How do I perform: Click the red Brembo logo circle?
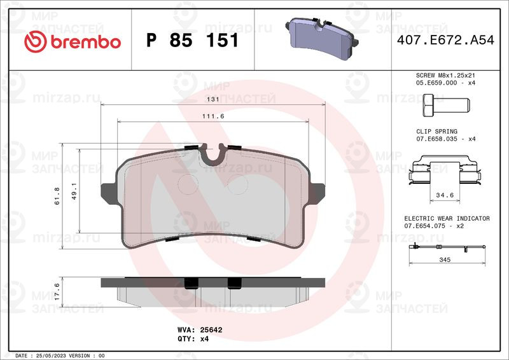coord(36,42)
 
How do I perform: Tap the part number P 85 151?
coord(193,40)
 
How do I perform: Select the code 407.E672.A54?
coord(445,40)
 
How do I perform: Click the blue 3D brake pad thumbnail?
coord(322,38)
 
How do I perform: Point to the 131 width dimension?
coord(213,99)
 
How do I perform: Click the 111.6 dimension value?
coord(213,116)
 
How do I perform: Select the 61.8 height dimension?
coord(57,196)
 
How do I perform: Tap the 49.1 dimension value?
coord(74,191)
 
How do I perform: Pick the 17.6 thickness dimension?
coord(57,291)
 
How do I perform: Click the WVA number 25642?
coord(211,330)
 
